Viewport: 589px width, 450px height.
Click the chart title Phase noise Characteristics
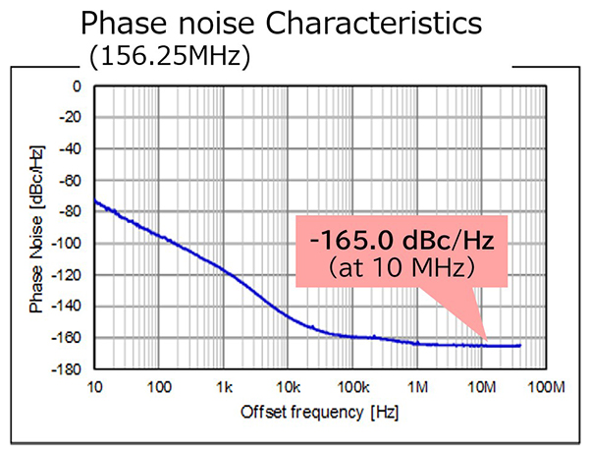(294, 23)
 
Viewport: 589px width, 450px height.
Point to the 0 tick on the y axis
(76, 86)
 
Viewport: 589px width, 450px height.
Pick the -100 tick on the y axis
(66, 244)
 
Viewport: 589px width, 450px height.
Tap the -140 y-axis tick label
(66, 307)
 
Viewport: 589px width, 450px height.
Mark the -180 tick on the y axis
(66, 369)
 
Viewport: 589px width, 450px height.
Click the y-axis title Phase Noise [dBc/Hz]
(36, 228)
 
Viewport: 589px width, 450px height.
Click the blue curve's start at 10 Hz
(96, 201)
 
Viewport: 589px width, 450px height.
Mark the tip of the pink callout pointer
(485, 340)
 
